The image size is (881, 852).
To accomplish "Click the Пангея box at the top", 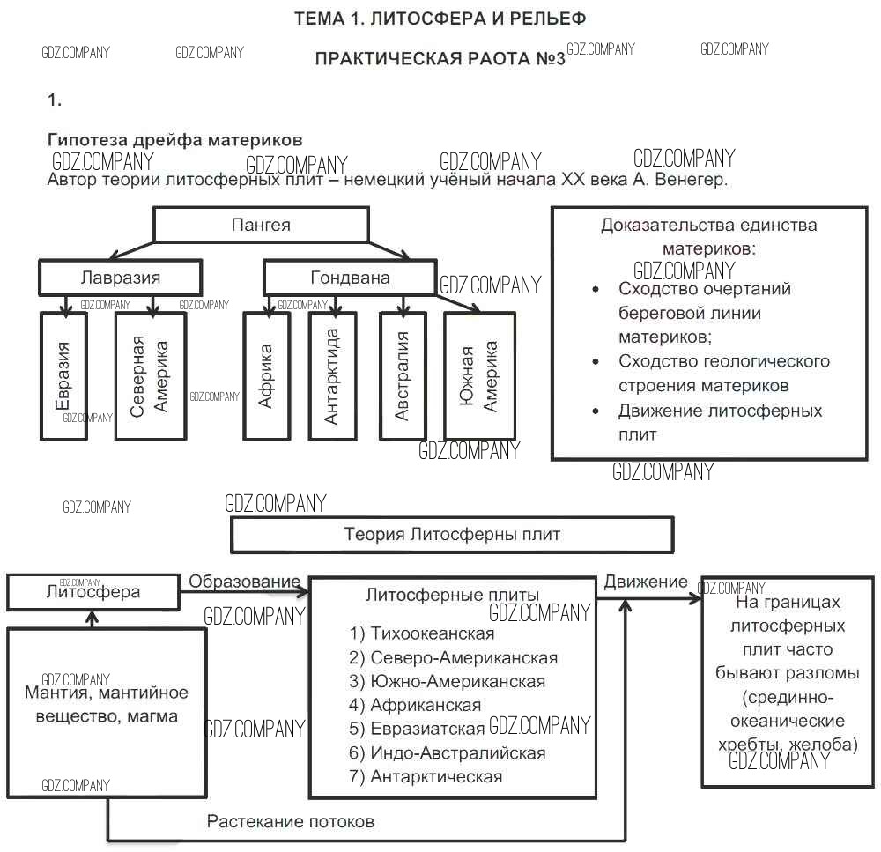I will (261, 225).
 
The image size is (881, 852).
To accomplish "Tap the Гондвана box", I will (350, 278).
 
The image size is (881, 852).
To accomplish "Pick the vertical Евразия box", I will (64, 375).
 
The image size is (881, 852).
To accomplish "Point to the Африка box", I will (266, 375).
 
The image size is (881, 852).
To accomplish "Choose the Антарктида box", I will (331, 375).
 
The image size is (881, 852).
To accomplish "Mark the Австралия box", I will (403, 375).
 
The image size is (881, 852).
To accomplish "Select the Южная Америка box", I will (479, 375).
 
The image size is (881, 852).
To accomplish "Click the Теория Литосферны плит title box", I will (451, 534).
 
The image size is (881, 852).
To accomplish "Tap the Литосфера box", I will (93, 592).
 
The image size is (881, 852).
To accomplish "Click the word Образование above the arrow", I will (244, 582).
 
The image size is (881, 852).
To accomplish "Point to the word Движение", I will (646, 582).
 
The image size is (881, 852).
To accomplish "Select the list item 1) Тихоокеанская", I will (422, 633).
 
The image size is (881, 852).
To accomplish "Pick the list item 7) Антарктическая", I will (426, 776).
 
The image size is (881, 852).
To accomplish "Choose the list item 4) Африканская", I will (415, 705).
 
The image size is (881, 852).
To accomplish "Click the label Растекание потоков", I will (291, 821).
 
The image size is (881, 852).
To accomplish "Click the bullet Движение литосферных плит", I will (720, 422).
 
